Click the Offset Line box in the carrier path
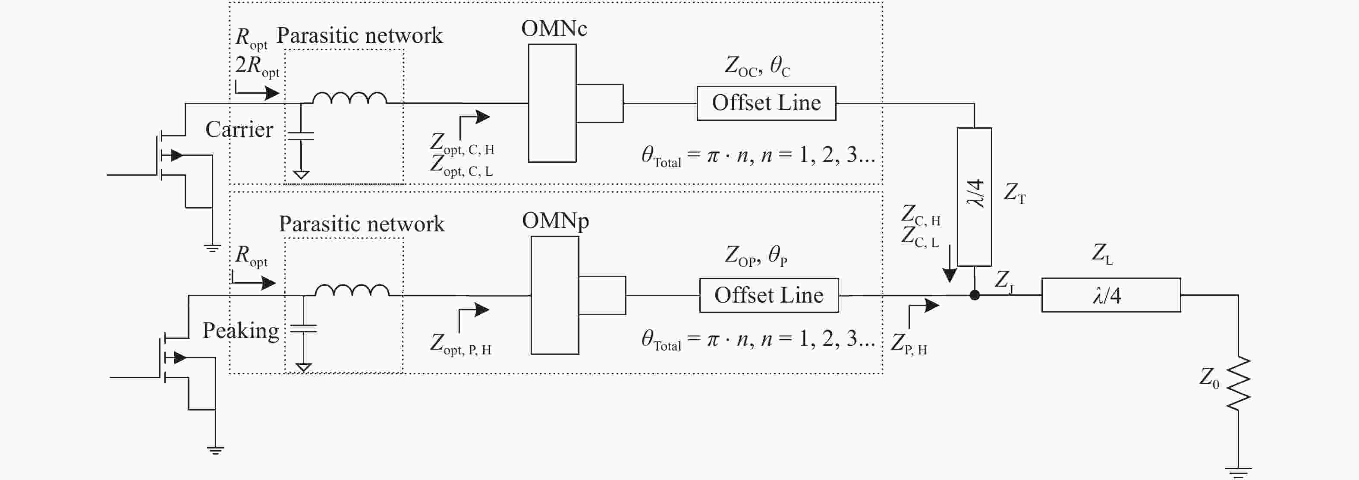766,104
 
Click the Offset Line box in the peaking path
769,296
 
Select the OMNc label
554,28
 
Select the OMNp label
556,221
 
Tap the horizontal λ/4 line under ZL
1110,295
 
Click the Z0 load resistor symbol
1238,383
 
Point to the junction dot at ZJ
975,295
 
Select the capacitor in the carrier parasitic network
301,136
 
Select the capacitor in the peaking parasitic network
303,328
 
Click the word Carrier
239,129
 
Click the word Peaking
241,331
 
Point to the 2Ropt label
257,66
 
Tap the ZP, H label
909,344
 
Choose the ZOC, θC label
757,66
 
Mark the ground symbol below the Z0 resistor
1238,471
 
